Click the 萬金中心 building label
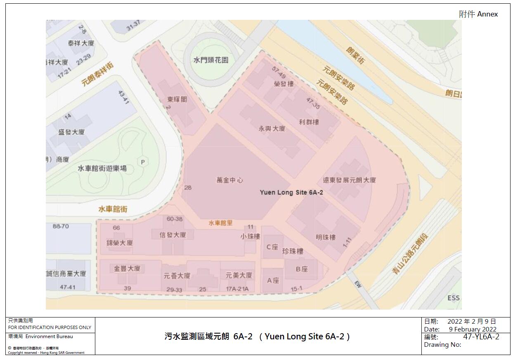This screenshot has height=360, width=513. coord(230,180)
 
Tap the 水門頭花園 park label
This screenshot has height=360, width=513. coord(211,60)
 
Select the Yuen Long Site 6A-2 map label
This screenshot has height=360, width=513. coord(291,192)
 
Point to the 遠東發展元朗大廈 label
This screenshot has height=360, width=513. coord(349,180)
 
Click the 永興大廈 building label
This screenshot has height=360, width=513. coord(272,128)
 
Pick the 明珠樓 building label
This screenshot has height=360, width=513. coord(326,237)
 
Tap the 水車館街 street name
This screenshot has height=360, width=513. coord(113,209)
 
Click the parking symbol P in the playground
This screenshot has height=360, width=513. coord(143,162)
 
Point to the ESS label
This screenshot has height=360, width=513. coord(453,298)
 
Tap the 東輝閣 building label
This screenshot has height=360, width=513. coord(177,99)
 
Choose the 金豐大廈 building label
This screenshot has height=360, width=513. coord(127,268)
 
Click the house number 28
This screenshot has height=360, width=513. coord(188,187)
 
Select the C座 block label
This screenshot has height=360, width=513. coord(272,247)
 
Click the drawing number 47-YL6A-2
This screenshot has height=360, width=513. coord(481,336)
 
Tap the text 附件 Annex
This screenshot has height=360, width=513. coord(478,14)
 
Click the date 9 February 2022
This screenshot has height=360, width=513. coord(473,329)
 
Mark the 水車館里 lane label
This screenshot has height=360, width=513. coord(220,223)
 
